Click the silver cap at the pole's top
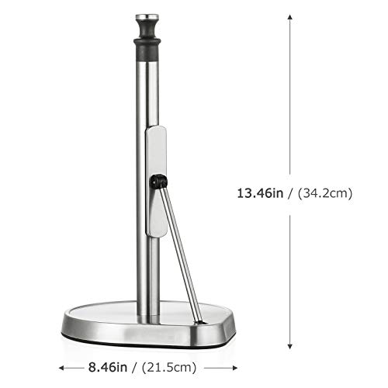(144, 16)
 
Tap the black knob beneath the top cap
(144, 32)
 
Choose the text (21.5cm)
(172, 365)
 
